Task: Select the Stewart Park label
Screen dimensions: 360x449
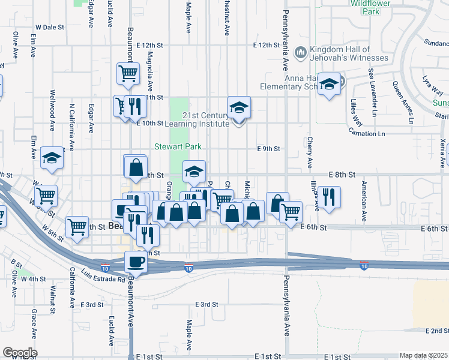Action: (177, 146)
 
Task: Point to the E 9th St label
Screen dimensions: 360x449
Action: (269, 148)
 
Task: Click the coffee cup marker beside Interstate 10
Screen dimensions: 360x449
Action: (136, 262)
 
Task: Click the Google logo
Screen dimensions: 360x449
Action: (19, 353)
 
